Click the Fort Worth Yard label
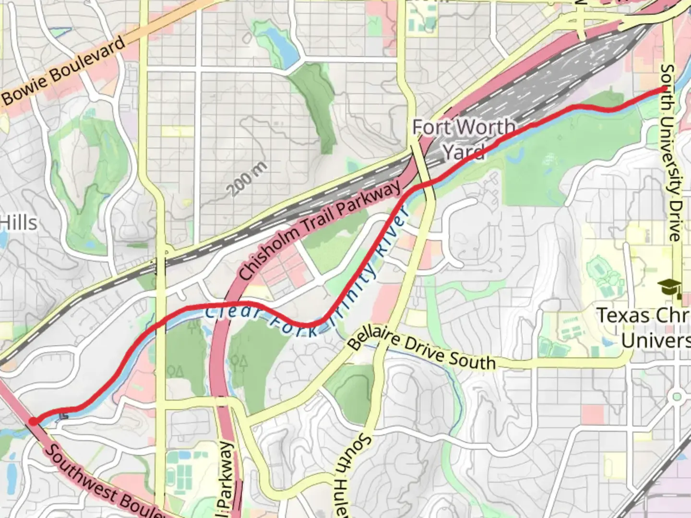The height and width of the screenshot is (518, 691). click(464, 139)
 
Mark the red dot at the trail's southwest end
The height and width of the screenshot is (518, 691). click(33, 421)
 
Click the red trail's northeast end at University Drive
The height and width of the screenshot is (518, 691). click(664, 89)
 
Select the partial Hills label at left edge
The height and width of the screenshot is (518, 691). click(18, 223)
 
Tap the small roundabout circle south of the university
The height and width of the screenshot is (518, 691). click(677, 397)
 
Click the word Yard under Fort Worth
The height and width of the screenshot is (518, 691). click(463, 153)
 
